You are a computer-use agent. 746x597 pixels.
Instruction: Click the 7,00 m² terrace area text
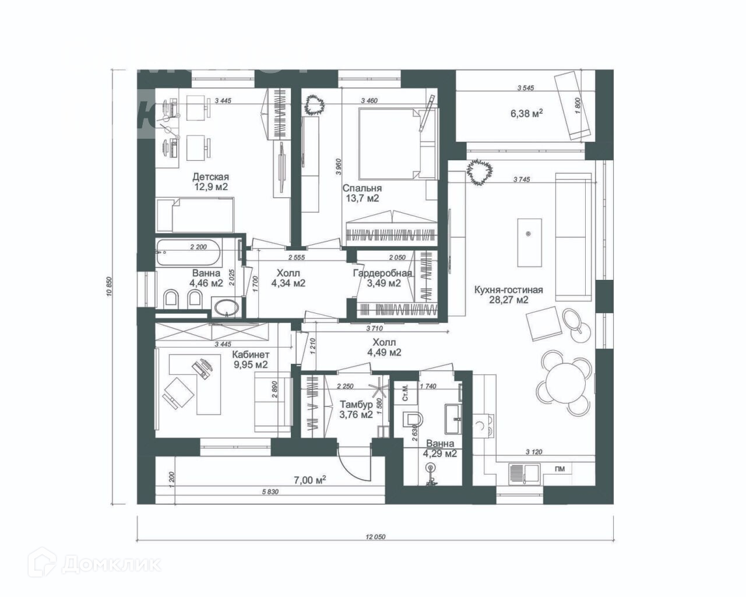(309, 480)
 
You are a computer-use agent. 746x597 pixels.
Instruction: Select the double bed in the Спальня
(388, 143)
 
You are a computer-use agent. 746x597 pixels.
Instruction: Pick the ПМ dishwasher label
(559, 468)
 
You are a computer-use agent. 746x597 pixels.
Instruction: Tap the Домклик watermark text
(111, 564)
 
